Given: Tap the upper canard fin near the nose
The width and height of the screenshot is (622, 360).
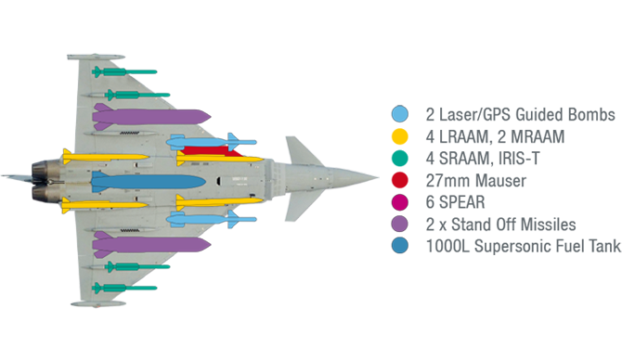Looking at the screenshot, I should (302, 148).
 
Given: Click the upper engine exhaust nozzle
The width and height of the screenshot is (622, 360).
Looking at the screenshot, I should (44, 170).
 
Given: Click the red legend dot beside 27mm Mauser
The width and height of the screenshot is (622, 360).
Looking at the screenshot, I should (399, 181).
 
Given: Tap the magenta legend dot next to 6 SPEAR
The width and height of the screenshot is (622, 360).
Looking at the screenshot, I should (399, 203).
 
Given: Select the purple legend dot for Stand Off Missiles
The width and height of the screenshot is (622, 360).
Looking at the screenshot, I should (399, 225).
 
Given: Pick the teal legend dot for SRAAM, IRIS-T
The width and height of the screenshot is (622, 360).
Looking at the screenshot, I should (399, 159).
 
